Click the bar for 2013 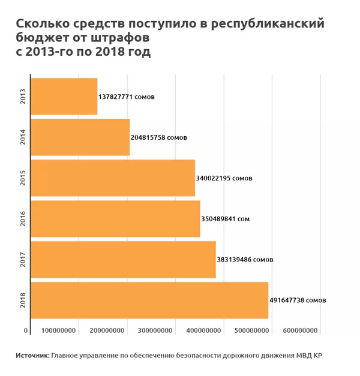click(63, 97)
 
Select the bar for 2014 click(79, 137)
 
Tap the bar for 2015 click(112, 178)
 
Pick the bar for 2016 click(115, 219)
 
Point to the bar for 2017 click(122, 260)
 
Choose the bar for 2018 click(149, 300)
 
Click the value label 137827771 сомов click(126, 97)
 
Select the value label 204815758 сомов click(158, 137)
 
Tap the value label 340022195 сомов click(224, 178)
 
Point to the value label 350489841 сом click(226, 219)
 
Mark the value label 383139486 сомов click(245, 260)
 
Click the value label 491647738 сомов click(297, 300)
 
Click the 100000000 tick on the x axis click(58, 331)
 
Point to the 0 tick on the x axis click(26, 331)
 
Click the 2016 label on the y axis click(23, 219)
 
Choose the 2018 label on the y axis click(23, 300)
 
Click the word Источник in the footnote click(32, 356)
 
